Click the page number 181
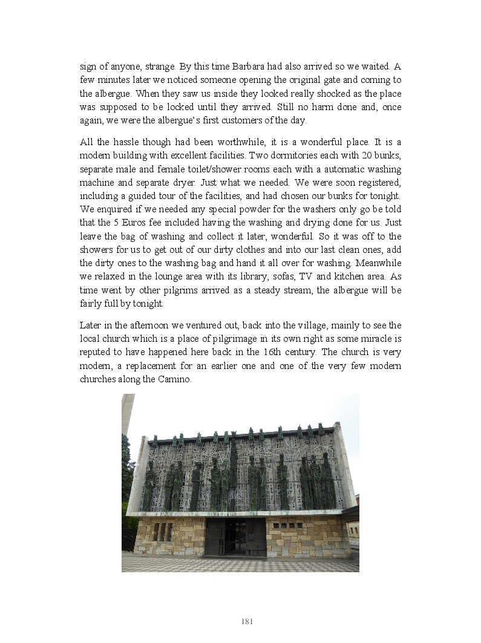click(247, 622)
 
